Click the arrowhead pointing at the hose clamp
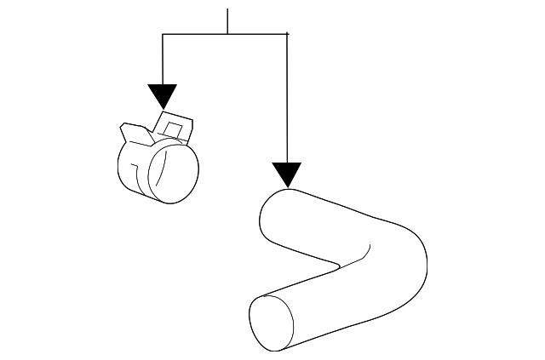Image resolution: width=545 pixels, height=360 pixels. tap(162, 95)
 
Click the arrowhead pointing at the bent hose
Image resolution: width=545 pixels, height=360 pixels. tap(288, 174)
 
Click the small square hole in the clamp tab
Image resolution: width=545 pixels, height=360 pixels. tap(174, 130)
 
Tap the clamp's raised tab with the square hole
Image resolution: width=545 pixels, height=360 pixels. tap(175, 126)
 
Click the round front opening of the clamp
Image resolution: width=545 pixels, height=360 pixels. tap(175, 175)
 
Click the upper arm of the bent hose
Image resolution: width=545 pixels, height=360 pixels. tap(332, 226)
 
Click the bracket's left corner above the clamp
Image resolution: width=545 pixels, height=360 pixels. tap(162, 34)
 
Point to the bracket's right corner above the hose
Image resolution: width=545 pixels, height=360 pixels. tap(288, 34)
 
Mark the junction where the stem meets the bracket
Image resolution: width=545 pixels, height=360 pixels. tap(227, 34)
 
